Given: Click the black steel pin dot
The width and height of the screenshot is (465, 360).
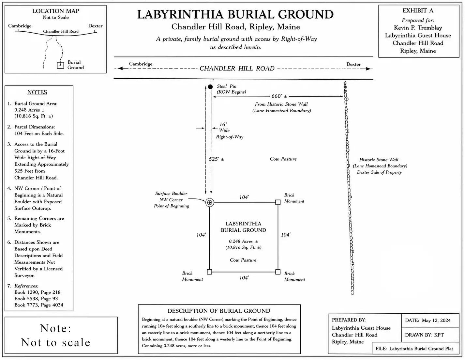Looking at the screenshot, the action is (210, 87).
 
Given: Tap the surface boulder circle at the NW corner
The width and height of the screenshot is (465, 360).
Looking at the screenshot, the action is (210, 203).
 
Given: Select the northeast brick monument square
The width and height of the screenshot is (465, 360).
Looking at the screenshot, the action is (278, 202).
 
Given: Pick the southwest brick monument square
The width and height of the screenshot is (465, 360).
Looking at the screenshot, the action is (209, 272).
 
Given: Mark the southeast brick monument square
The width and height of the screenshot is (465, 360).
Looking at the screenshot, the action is (278, 272).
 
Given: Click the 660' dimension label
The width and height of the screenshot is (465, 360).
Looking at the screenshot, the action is (279, 96).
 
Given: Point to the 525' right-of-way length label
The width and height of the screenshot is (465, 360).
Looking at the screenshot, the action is (216, 159).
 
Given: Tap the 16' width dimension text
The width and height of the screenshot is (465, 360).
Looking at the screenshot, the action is (223, 124).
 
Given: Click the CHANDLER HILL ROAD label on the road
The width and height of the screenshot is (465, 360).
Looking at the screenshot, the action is (237, 69).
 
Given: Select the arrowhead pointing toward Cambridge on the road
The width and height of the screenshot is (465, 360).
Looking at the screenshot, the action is (120, 69).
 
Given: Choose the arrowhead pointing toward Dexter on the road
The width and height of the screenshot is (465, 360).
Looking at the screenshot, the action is (368, 69).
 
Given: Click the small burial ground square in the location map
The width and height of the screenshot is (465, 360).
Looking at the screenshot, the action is (60, 65).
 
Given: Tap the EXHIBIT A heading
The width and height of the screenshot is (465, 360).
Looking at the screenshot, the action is (418, 10).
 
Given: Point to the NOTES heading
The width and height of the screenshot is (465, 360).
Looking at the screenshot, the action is (37, 92).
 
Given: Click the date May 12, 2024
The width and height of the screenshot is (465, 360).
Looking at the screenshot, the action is (436, 321).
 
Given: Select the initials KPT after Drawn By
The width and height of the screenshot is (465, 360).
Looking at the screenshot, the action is (439, 335).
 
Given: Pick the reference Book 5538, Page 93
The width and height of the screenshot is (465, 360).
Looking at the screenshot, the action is (36, 299).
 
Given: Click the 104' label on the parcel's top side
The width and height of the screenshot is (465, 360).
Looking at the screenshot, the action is (244, 197).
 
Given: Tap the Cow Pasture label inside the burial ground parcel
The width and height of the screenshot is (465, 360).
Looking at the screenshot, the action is (243, 260).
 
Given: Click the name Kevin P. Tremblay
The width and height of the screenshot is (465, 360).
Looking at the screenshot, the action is (418, 28).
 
